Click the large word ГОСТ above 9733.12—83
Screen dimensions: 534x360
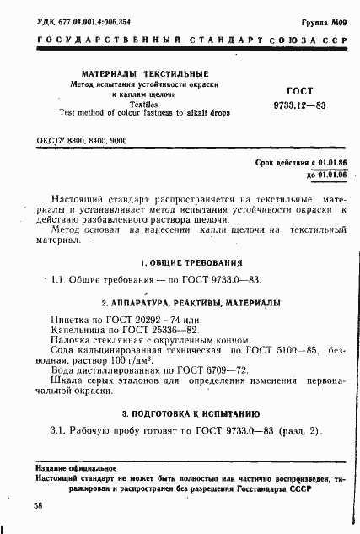tap(302, 89)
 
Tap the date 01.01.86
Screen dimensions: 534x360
tap(317, 161)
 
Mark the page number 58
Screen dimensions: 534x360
tap(39, 505)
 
